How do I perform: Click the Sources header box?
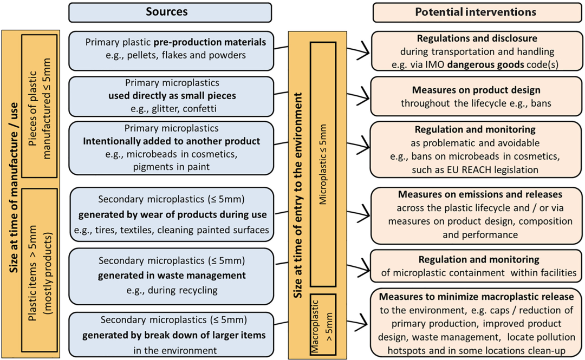point(170,12)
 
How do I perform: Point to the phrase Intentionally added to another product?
point(171,141)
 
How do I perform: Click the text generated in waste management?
point(171,276)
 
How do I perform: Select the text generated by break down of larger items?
point(174,335)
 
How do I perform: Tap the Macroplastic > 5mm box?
point(323,324)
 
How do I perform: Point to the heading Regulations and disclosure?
point(477,39)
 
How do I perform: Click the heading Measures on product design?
point(476,90)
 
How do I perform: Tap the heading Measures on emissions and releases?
point(477,194)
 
